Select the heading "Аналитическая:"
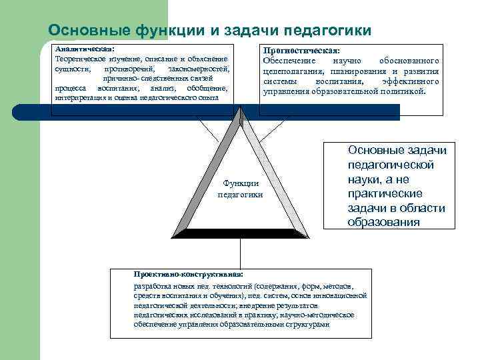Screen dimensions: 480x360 click(84, 49)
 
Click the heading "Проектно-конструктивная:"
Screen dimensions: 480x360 click(189, 274)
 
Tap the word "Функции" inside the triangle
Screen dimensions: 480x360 click(240, 183)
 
